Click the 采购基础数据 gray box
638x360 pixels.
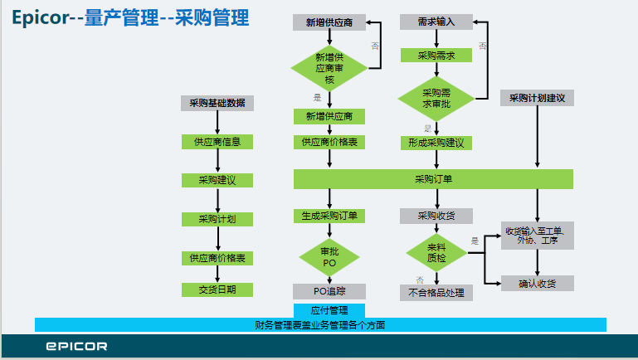tap(217, 104)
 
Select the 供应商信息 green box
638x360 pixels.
tap(217, 142)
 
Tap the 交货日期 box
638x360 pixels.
tap(217, 289)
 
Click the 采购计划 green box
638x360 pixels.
tap(217, 219)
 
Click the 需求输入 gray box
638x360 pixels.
tap(436, 22)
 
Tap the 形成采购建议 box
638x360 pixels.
tap(436, 143)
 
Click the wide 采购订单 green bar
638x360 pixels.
tap(433, 178)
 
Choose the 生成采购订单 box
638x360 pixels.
tap(329, 216)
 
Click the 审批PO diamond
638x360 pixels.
tap(329, 257)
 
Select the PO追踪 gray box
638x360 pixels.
tap(329, 291)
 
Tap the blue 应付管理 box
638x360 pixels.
tap(329, 310)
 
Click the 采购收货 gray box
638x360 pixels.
tap(436, 216)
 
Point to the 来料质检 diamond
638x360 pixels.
tap(436, 252)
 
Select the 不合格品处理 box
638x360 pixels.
tap(436, 292)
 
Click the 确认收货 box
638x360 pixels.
tap(538, 284)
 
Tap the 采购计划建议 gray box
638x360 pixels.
tap(538, 98)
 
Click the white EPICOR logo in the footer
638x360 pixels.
tap(76, 346)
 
